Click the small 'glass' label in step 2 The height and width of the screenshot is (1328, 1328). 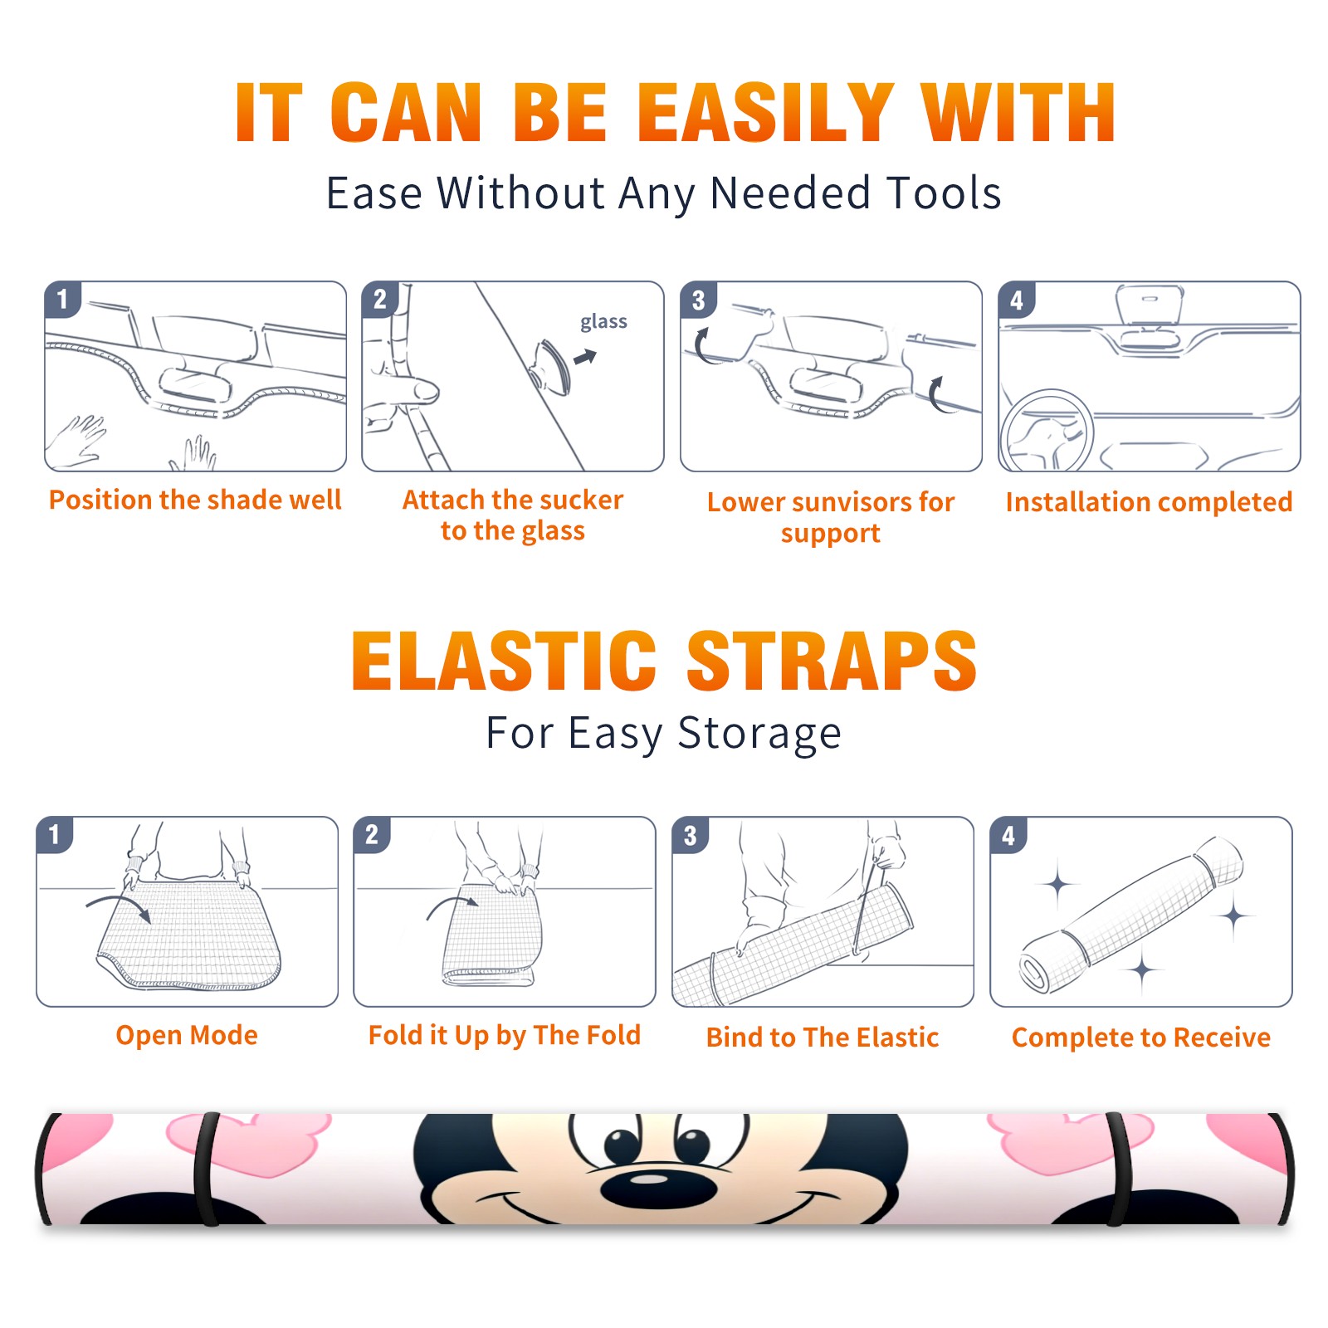[x=603, y=322]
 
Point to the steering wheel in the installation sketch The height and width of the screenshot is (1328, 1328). [x=1047, y=431]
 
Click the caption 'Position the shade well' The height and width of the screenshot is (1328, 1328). [x=195, y=500]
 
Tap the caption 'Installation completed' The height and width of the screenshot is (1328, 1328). [x=1149, y=501]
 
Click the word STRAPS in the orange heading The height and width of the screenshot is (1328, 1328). [x=832, y=661]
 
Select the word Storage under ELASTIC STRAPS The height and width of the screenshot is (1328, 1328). [x=759, y=734]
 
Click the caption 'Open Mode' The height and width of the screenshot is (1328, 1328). [x=187, y=1035]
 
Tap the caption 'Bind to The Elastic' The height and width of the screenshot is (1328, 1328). [x=823, y=1037]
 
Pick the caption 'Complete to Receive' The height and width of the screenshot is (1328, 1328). [x=1141, y=1037]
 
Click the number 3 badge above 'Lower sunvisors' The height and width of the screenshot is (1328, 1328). [x=698, y=300]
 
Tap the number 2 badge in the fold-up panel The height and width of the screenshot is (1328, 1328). [x=372, y=834]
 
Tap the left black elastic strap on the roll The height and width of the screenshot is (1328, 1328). [x=207, y=1169]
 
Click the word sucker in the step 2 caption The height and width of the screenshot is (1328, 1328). [x=580, y=500]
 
